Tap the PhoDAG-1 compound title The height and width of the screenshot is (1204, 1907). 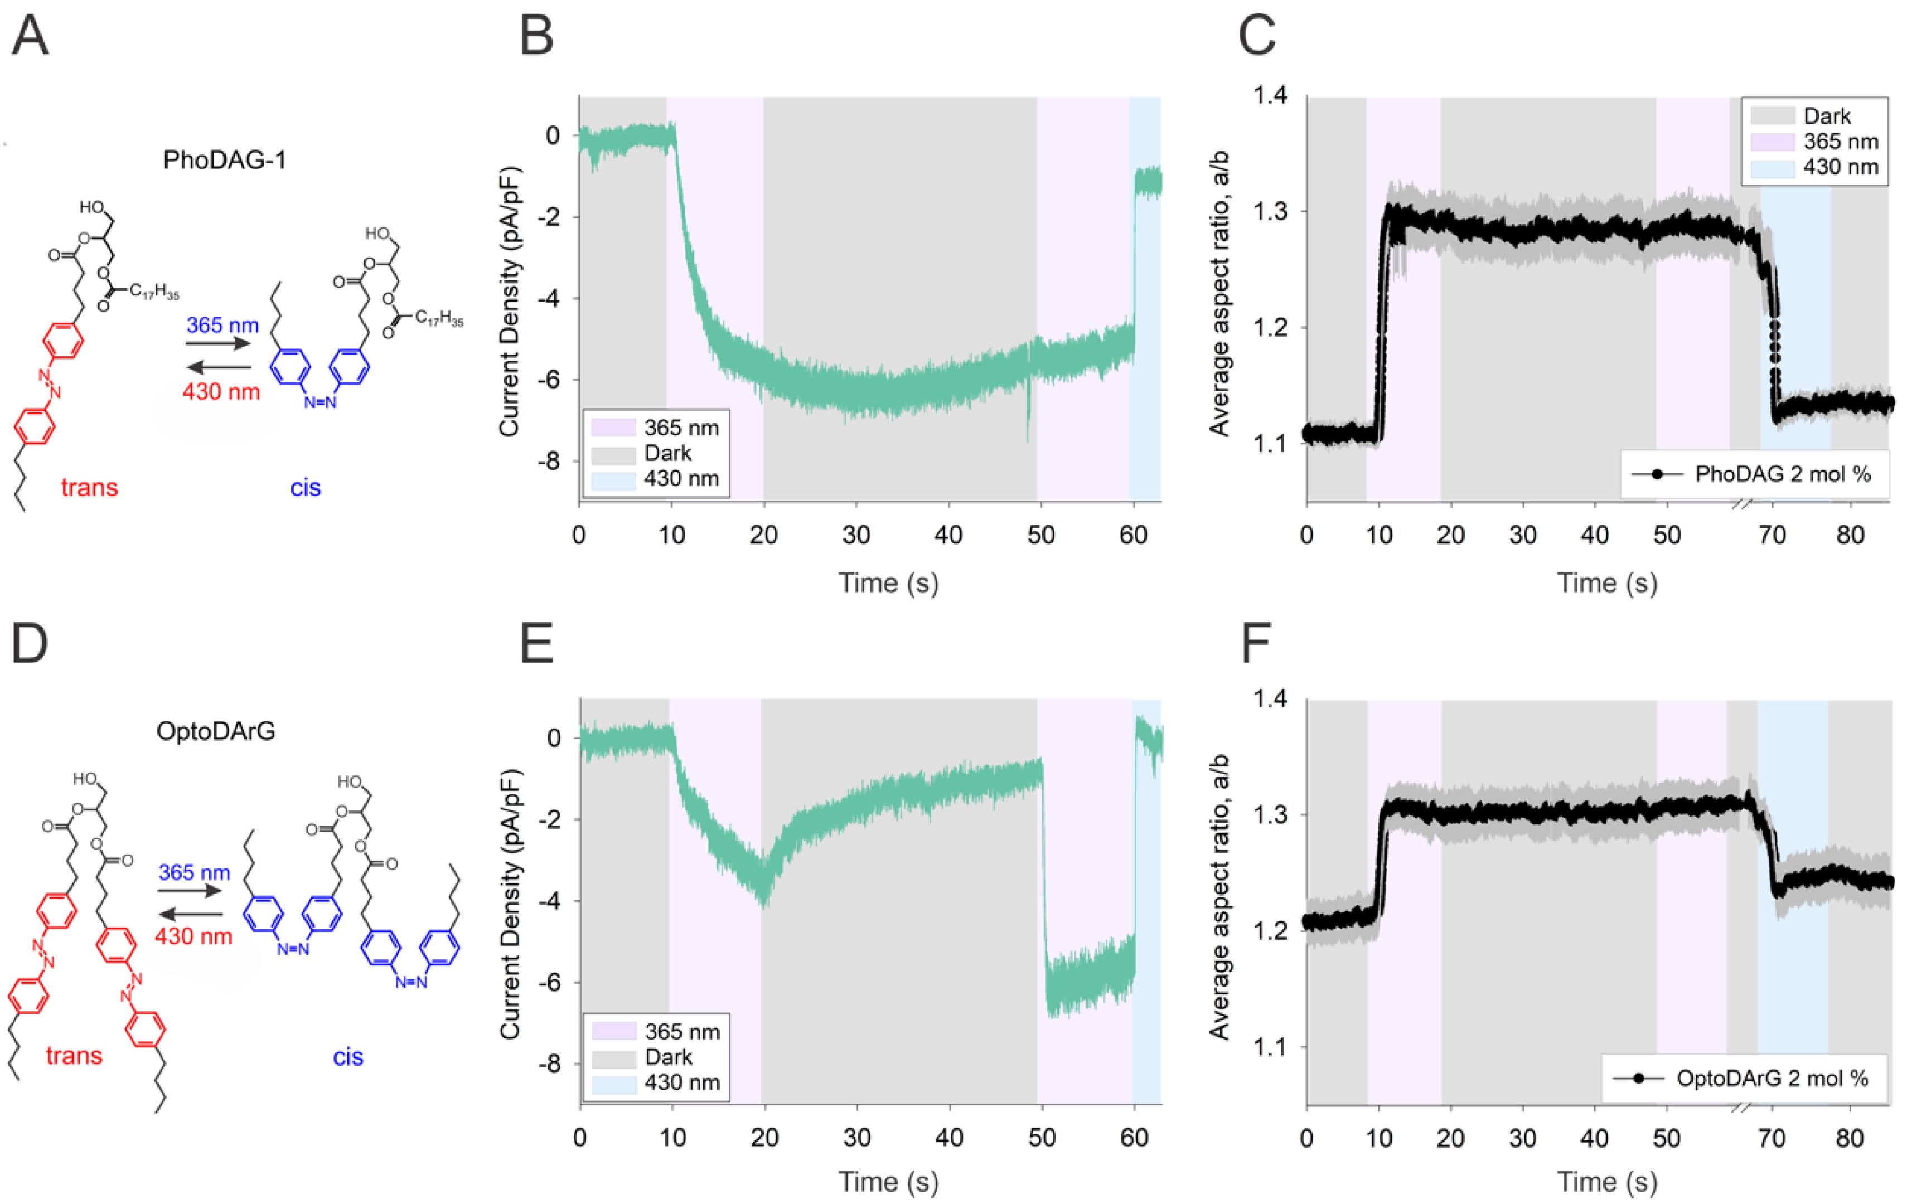point(224,160)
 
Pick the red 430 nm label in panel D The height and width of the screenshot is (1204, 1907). point(193,936)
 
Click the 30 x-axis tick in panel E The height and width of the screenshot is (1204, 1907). point(857,1138)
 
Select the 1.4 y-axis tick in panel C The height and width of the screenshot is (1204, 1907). point(1270,96)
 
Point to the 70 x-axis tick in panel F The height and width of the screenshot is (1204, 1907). point(1771,1138)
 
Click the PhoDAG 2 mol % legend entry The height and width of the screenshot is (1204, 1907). point(1782,474)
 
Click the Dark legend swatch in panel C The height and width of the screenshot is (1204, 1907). point(1771,116)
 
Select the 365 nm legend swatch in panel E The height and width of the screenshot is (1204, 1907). point(614,1031)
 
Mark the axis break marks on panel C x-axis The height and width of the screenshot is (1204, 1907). point(1741,503)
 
